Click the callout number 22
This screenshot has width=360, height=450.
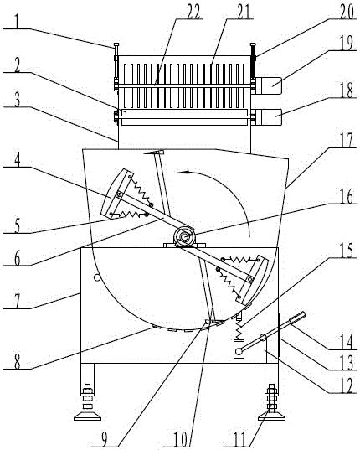(x=193, y=12)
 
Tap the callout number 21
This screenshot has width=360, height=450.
(x=243, y=12)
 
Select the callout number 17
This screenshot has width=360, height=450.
(x=347, y=140)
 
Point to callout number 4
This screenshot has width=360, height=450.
(x=18, y=160)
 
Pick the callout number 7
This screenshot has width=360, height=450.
(x=18, y=302)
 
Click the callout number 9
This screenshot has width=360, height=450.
(x=105, y=439)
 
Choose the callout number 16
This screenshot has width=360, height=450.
(x=347, y=197)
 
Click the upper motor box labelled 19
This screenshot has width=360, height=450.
(x=268, y=85)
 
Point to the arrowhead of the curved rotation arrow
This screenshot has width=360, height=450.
(x=181, y=172)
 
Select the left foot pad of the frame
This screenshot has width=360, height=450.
(x=87, y=416)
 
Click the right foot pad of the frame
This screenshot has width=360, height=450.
(x=271, y=416)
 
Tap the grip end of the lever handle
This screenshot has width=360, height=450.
(x=297, y=318)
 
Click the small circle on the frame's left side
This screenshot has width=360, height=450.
(x=97, y=277)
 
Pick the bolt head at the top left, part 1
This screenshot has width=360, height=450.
(x=116, y=44)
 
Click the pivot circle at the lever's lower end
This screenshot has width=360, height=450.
(x=239, y=350)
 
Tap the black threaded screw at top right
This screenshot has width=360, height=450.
(x=253, y=62)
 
